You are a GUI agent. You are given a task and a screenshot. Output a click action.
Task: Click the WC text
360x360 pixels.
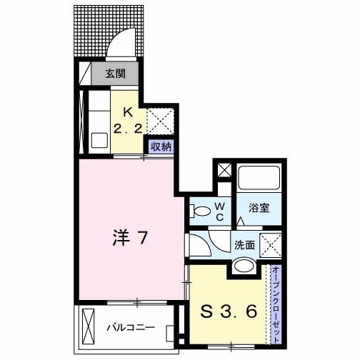click(x=220, y=210)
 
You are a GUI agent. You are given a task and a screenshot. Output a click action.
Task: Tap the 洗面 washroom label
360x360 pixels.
click(x=245, y=244)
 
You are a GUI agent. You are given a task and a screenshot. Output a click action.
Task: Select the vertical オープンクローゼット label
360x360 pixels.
click(x=276, y=301)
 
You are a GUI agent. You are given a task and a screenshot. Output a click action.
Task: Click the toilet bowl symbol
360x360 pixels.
click(x=201, y=210)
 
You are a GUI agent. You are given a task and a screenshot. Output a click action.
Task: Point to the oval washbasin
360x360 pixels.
click(x=245, y=267)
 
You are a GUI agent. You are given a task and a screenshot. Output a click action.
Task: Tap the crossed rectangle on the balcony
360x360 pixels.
click(x=89, y=325)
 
